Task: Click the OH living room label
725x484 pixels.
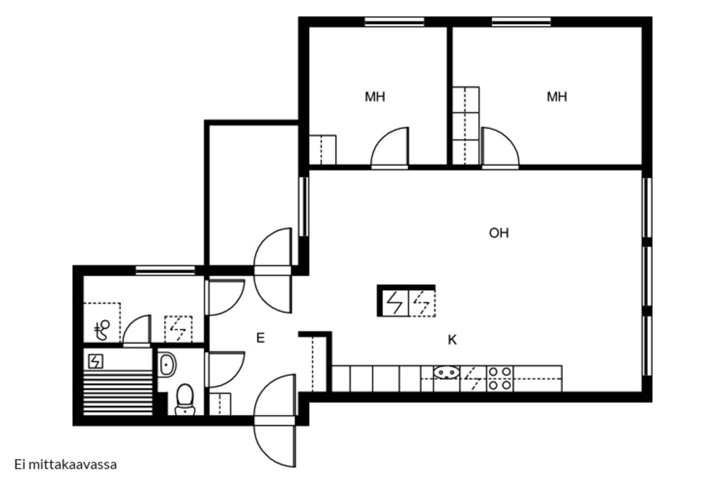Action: [x=499, y=233]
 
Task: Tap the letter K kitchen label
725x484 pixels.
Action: [x=452, y=340]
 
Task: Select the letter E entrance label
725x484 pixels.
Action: [x=261, y=338]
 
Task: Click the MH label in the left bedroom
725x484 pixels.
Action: [x=375, y=97]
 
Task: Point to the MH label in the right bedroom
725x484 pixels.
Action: [x=557, y=97]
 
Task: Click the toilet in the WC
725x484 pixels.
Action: [x=185, y=399]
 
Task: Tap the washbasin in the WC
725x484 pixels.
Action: [x=167, y=364]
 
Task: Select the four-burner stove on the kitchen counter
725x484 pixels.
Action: [x=500, y=378]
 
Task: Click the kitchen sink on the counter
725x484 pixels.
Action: [x=447, y=372]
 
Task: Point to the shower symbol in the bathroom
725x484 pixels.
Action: [x=102, y=331]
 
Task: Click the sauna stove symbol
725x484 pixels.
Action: [x=96, y=361]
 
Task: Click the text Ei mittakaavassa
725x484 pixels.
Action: [x=66, y=465]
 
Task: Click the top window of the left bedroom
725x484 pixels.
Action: [x=394, y=22]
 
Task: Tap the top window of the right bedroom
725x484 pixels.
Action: [x=522, y=22]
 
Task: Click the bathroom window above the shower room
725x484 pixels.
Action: [x=165, y=271]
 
